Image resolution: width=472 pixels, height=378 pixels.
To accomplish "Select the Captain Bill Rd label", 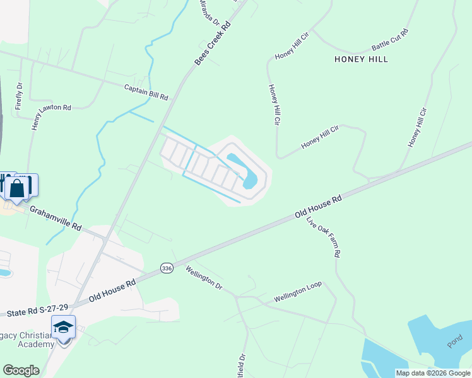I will click(146, 93).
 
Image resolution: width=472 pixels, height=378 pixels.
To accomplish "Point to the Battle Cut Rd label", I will click(390, 39).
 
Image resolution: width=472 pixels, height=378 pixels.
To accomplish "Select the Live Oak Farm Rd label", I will click(324, 237).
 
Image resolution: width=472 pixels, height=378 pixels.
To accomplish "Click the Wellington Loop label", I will click(297, 291).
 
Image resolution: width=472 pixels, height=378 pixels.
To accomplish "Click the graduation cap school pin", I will click(63, 328).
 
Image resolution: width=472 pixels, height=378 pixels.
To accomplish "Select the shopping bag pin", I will click(18, 187).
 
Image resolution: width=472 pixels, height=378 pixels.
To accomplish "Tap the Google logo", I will click(21, 370).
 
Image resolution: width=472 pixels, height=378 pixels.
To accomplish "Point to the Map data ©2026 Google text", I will click(433, 373).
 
